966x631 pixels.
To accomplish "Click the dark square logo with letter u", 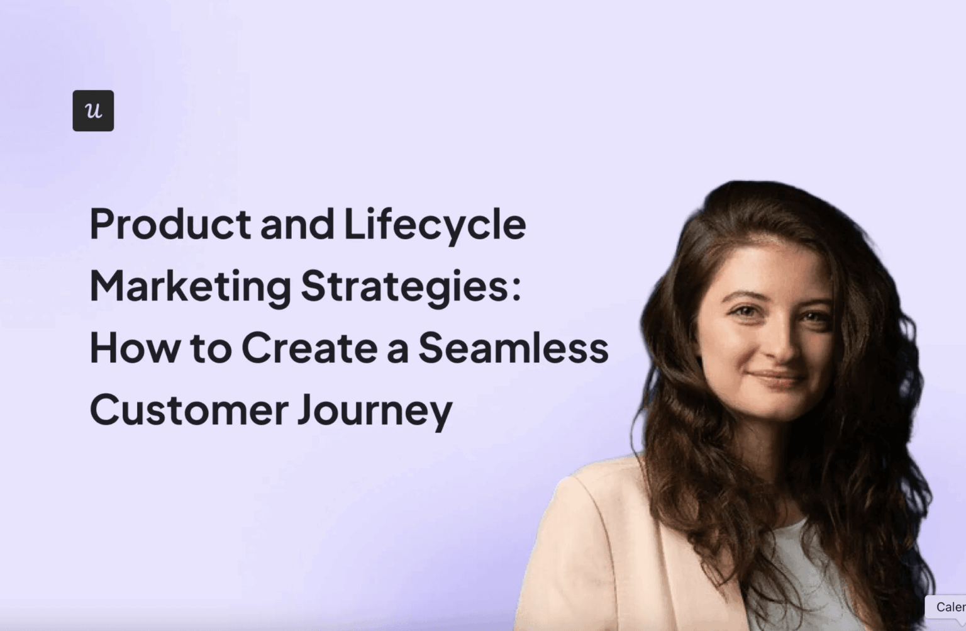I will click(x=93, y=111).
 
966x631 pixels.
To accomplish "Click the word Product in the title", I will click(x=170, y=224).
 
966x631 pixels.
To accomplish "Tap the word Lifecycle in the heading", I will click(x=435, y=224).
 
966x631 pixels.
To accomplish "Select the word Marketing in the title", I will click(x=190, y=286).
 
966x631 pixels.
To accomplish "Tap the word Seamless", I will click(x=513, y=348).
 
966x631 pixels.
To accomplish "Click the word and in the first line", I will click(x=297, y=224).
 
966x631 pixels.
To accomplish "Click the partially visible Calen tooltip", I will click(x=948, y=607).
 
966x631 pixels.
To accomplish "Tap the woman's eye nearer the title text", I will click(x=746, y=311).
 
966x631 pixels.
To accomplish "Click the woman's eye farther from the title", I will click(x=814, y=316).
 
